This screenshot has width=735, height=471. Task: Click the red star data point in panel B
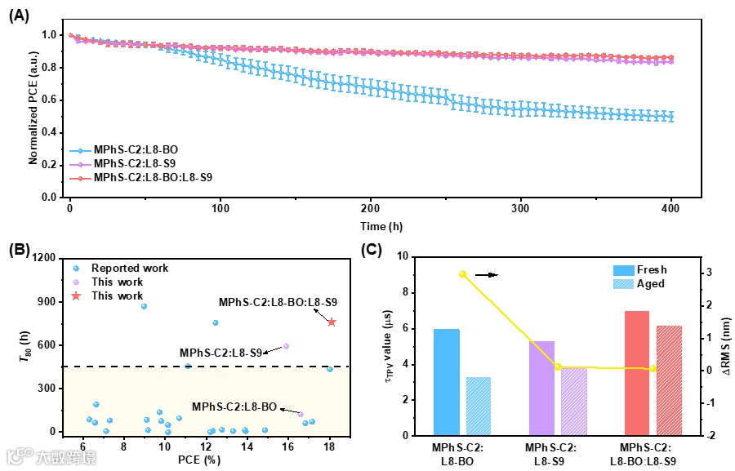pos(332,322)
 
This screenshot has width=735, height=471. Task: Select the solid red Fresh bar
pos(637,373)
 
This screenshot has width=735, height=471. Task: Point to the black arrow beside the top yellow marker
pos(487,275)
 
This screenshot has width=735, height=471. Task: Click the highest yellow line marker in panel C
pos(462,274)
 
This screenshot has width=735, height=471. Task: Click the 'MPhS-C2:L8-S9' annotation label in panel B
pos(220,353)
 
